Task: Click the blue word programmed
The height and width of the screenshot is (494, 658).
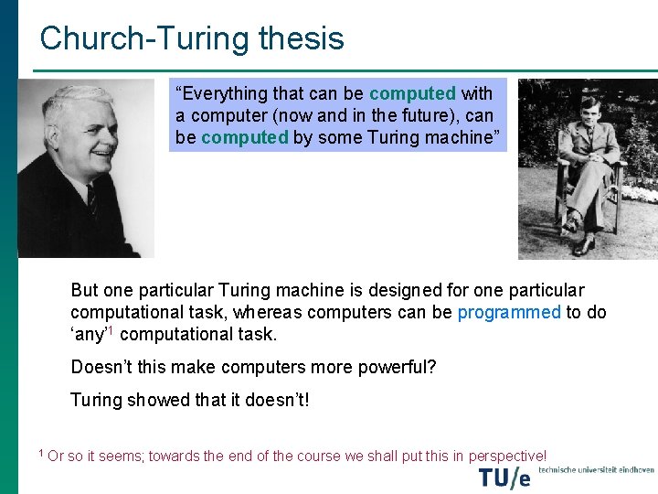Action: (509, 312)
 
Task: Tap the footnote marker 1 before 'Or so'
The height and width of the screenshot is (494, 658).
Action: (41, 453)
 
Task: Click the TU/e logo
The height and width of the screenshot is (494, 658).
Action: (504, 477)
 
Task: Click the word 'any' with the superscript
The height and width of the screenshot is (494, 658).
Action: (90, 334)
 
